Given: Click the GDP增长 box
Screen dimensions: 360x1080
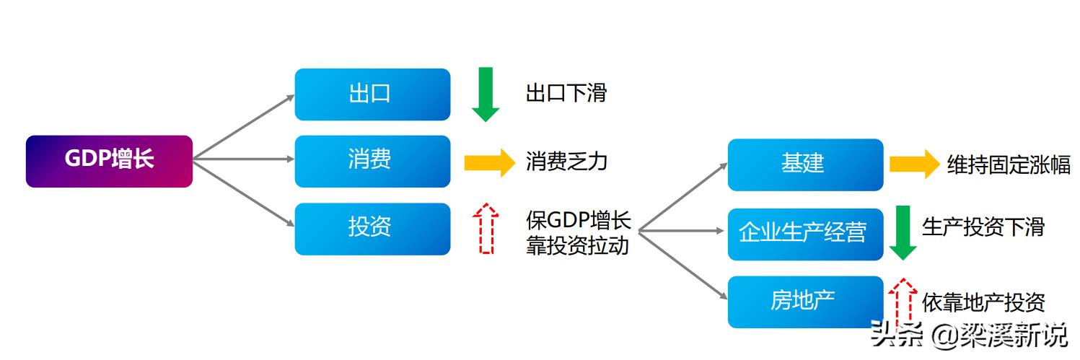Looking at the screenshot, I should coord(109,161).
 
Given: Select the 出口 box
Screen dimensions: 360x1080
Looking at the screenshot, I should coord(372,94).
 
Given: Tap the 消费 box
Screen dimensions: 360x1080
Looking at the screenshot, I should coord(372,161).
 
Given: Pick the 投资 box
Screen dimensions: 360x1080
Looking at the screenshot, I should coord(372,229).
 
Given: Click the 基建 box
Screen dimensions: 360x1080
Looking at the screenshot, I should coord(805,164).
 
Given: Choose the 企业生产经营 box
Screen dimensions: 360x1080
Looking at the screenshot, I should coord(805,234).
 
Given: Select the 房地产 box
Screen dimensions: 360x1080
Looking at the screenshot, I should coord(805,302).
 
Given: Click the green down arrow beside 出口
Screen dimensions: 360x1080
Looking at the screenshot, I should coord(486,94).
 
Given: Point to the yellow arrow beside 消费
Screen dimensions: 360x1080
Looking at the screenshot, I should coord(489,162).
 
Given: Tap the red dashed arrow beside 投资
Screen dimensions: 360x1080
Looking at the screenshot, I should coord(488,228).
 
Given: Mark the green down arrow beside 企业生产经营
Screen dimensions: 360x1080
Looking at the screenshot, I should coord(903,232).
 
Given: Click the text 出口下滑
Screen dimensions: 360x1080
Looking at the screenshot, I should coord(566,94).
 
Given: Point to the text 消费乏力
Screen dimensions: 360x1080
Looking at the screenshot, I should coord(566,162).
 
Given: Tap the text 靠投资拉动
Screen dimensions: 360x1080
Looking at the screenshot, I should coord(577,245).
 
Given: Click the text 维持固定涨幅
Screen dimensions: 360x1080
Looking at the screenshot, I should coord(1009,165).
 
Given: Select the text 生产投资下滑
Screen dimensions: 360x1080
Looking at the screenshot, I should coord(983,227).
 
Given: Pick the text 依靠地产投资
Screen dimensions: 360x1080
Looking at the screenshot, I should coord(983,303).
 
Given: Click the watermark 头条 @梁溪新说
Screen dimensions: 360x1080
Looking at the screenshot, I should coord(969,334).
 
